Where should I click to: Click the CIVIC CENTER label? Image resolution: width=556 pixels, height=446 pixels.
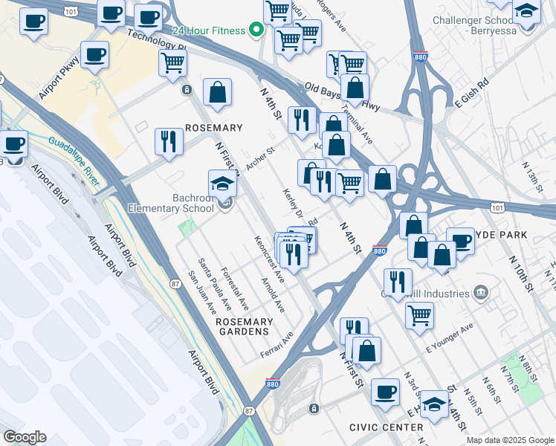(386, 427)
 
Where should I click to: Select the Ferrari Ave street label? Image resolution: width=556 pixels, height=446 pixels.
(276, 343)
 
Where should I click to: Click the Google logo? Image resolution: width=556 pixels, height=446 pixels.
(24, 437)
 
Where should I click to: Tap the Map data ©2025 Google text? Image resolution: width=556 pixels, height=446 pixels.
(510, 440)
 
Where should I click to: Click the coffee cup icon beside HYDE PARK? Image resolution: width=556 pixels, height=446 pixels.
(460, 241)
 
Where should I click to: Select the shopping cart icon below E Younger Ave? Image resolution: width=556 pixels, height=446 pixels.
(419, 315)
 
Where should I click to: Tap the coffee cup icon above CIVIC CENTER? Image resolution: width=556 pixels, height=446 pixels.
(385, 392)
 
